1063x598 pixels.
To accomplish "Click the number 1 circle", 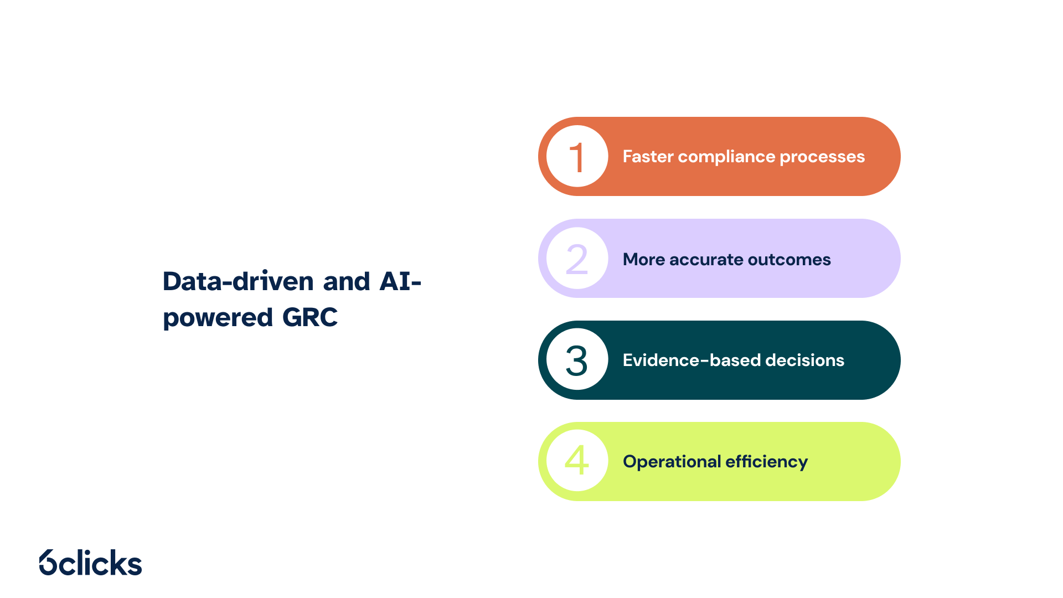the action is pyautogui.click(x=577, y=156).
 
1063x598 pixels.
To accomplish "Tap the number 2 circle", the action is pyautogui.click(x=577, y=258).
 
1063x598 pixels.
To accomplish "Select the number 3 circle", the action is pyautogui.click(x=577, y=359).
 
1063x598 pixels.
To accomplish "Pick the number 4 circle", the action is pyautogui.click(x=577, y=461).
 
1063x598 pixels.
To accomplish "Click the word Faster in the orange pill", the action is pyautogui.click(x=648, y=157).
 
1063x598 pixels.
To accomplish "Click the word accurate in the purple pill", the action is pyautogui.click(x=706, y=260).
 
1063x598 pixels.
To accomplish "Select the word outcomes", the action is pyautogui.click(x=789, y=260).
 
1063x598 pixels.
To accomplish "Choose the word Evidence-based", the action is pyautogui.click(x=692, y=360).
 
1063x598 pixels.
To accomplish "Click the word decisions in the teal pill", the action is pyautogui.click(x=805, y=360).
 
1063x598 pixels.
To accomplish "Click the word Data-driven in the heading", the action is pyautogui.click(x=239, y=281).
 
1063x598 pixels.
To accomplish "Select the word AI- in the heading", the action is pyautogui.click(x=400, y=281).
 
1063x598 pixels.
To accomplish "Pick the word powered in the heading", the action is pyautogui.click(x=218, y=318).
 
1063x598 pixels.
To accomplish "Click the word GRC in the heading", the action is pyautogui.click(x=310, y=317).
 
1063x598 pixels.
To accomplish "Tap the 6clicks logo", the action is pyautogui.click(x=91, y=563).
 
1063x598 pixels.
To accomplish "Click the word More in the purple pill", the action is pyautogui.click(x=644, y=260).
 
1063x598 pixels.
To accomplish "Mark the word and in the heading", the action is pyautogui.click(x=347, y=281).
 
